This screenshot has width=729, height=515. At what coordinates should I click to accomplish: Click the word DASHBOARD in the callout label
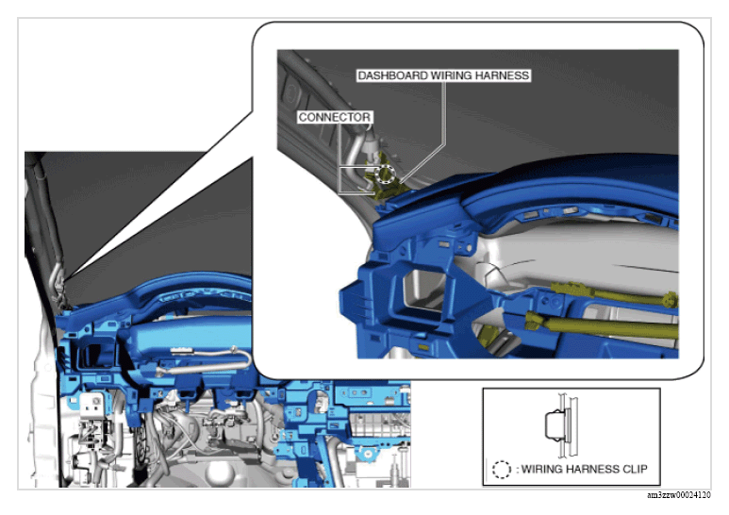coord(393,75)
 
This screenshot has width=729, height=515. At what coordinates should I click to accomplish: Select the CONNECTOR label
coord(334,117)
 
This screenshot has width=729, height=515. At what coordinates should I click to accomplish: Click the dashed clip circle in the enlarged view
coord(385,174)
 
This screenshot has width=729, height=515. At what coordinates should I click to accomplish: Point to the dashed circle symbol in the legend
coord(501,470)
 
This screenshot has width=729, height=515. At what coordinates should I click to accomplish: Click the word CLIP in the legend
coord(635,469)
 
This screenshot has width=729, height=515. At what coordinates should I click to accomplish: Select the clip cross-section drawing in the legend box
coord(562,425)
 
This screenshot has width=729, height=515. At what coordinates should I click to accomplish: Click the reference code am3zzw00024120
coord(678,495)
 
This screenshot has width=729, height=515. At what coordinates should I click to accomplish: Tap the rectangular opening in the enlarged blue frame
coord(423,290)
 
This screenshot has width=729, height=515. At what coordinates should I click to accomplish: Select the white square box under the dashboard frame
coord(91,406)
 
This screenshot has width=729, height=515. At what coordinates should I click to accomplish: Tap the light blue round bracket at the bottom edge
coord(366,454)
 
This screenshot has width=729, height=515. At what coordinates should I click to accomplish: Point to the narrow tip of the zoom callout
coord(66,279)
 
